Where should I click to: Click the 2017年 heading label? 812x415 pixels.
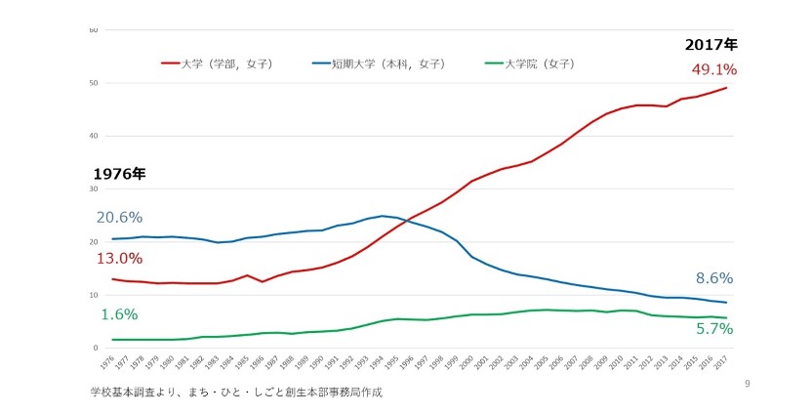click(x=710, y=45)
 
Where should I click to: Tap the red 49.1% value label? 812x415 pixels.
click(x=713, y=69)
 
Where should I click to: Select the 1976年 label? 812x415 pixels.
click(x=119, y=174)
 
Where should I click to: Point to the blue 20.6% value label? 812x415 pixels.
click(x=119, y=217)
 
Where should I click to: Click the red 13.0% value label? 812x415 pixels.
click(x=119, y=259)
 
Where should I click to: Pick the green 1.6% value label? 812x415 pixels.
click(x=119, y=314)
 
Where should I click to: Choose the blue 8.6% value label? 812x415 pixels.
click(x=714, y=278)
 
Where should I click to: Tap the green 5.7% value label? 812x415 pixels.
click(x=714, y=329)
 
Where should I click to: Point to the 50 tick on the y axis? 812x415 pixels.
click(x=94, y=83)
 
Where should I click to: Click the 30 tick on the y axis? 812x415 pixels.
click(x=94, y=188)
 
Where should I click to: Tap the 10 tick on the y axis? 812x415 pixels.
click(x=94, y=295)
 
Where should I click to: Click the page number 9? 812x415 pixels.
click(x=747, y=384)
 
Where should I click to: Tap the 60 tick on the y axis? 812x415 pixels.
click(x=94, y=30)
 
